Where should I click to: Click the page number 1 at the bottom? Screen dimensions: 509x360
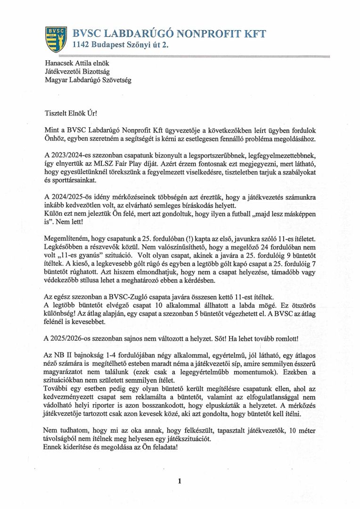(x=180, y=481)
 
